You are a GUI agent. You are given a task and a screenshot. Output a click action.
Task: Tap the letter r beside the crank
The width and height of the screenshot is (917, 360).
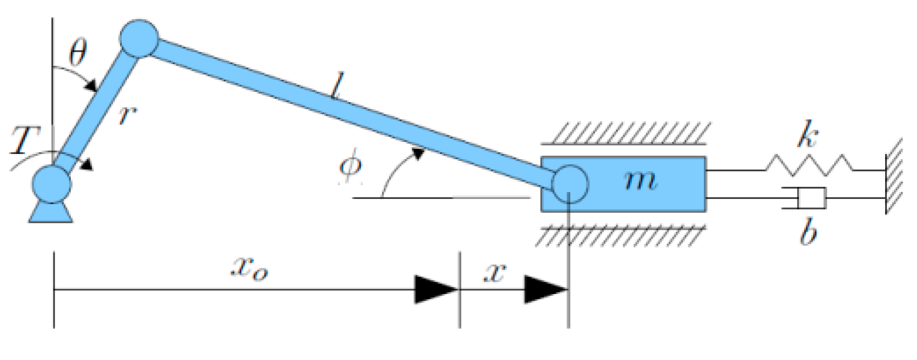(x=127, y=115)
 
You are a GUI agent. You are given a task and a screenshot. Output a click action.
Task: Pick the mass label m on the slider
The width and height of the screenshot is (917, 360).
(x=641, y=180)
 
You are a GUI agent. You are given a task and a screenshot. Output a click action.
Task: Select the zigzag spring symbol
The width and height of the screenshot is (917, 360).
(x=809, y=165)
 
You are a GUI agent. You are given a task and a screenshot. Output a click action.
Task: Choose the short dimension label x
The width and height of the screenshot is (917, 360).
(x=495, y=272)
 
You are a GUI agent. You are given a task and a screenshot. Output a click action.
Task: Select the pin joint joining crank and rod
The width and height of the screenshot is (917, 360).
(x=139, y=39)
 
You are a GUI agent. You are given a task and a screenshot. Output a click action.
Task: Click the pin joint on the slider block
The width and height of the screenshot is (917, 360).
(x=570, y=184)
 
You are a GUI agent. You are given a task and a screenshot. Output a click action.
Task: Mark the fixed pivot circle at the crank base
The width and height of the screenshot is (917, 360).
(x=52, y=184)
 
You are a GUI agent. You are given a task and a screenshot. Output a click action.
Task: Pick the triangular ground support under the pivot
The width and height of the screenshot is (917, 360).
(x=51, y=213)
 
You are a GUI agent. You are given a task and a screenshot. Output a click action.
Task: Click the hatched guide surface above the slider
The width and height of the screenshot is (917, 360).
(x=625, y=133)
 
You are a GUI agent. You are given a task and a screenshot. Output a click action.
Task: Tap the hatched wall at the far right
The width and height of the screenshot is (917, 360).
(x=894, y=176)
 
